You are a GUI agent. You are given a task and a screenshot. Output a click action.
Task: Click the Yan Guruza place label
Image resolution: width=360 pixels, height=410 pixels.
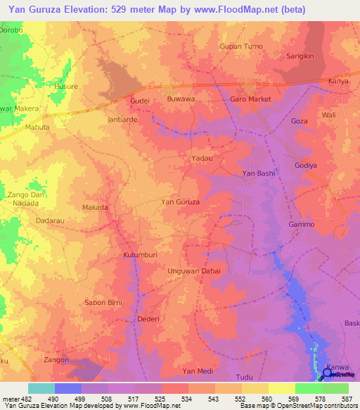click(x=181, y=202)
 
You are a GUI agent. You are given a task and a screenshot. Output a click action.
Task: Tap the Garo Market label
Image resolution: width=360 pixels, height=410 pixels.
click(x=251, y=99)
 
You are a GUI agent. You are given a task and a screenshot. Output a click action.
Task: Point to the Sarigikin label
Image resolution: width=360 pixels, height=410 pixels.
click(x=303, y=55)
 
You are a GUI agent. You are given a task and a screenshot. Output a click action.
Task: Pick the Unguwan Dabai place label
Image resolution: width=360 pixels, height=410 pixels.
click(x=194, y=271)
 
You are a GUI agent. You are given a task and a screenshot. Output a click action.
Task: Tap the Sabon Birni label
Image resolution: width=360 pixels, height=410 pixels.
click(x=103, y=302)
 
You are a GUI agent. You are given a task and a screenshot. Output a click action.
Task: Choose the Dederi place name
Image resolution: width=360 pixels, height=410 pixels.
click(x=148, y=319)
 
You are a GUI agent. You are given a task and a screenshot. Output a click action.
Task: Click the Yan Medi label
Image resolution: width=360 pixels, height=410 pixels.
click(x=197, y=371)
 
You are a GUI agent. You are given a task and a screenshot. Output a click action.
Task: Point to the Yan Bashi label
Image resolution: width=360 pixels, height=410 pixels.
click(x=258, y=173)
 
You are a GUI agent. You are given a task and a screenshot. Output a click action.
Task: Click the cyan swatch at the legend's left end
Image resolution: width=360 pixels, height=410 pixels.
click(x=41, y=388)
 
